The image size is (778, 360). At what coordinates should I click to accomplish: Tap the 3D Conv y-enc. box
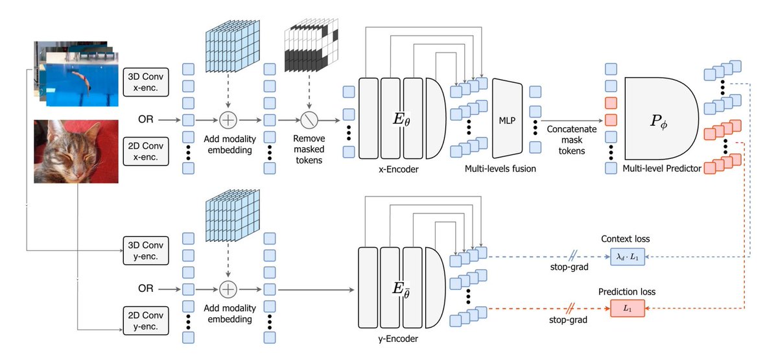pyautogui.click(x=145, y=249)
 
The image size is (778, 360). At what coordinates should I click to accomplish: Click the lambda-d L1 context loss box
pyautogui.click(x=628, y=258)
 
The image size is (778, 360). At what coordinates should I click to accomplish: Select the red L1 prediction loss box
pyautogui.click(x=628, y=310)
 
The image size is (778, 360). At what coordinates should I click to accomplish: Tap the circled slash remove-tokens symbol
pyautogui.click(x=308, y=119)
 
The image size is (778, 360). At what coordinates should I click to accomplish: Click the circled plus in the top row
pyautogui.click(x=228, y=119)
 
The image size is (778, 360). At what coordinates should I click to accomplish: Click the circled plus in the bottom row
pyautogui.click(x=228, y=287)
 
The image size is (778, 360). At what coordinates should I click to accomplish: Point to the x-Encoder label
pyautogui.click(x=398, y=169)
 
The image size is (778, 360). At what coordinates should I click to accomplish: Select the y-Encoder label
pyautogui.click(x=398, y=338)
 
